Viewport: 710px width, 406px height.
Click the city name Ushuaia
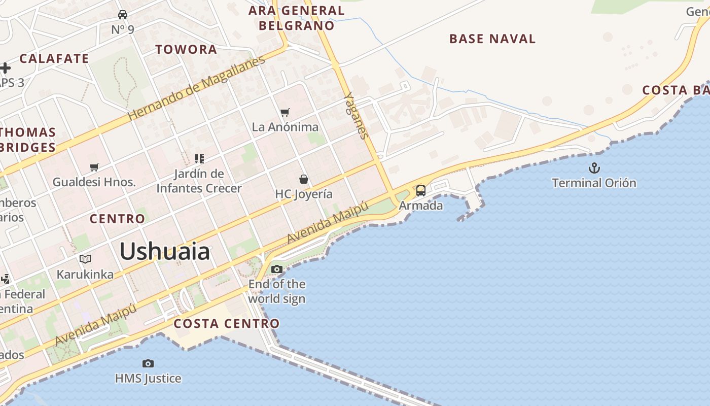[x=164, y=252]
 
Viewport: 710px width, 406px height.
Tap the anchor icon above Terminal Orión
[x=594, y=168]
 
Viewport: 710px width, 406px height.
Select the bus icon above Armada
[x=420, y=191]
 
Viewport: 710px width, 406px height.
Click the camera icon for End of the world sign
[x=276, y=269]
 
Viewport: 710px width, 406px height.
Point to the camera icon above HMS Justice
[x=148, y=363]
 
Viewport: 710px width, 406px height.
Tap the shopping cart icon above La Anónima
[x=285, y=112]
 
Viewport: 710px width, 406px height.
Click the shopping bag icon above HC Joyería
[x=303, y=179]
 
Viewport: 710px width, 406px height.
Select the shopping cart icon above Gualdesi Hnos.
[x=94, y=167]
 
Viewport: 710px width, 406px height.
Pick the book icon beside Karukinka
[x=85, y=259]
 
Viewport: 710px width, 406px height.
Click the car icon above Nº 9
[x=123, y=14]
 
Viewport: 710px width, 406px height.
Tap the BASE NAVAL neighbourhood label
[x=492, y=39]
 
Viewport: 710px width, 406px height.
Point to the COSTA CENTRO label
[x=226, y=323]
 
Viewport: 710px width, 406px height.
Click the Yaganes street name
[x=355, y=115]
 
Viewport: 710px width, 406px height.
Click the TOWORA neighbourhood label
[x=186, y=49]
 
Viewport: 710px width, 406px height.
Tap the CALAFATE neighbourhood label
[x=54, y=58]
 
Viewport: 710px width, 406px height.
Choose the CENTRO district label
[x=117, y=219]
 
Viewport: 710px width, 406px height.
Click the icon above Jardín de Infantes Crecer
[x=199, y=159]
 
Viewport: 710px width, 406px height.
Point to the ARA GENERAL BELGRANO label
[x=296, y=18]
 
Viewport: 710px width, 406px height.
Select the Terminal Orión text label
[x=593, y=183]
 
